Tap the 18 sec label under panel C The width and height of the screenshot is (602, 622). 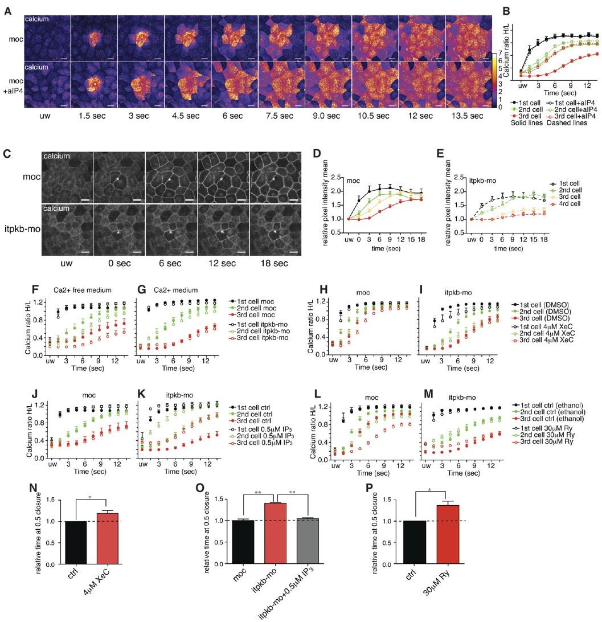272,265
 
